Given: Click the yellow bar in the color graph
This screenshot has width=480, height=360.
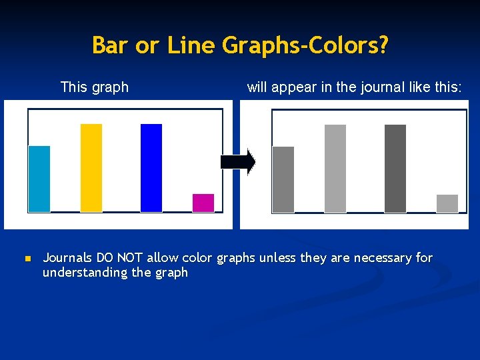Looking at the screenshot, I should (91, 168).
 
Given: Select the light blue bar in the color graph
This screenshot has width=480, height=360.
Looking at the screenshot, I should (39, 179).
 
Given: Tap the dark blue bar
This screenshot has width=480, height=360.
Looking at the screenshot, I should (151, 168).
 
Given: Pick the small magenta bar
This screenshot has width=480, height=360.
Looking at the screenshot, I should (203, 203).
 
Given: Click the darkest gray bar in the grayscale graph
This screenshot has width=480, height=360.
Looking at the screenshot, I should (395, 169).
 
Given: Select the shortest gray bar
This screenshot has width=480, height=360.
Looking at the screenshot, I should (447, 203).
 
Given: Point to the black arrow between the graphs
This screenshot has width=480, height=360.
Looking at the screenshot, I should (237, 162).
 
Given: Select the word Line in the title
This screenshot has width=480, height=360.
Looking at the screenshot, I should (192, 45).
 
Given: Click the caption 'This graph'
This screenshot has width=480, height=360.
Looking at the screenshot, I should (95, 87).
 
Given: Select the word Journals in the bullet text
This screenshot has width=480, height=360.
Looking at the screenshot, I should (68, 257).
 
